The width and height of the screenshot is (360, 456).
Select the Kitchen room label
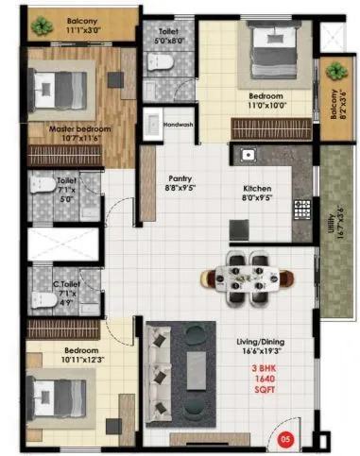tap(258, 188)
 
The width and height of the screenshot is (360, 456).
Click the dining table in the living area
tap(248, 276)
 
